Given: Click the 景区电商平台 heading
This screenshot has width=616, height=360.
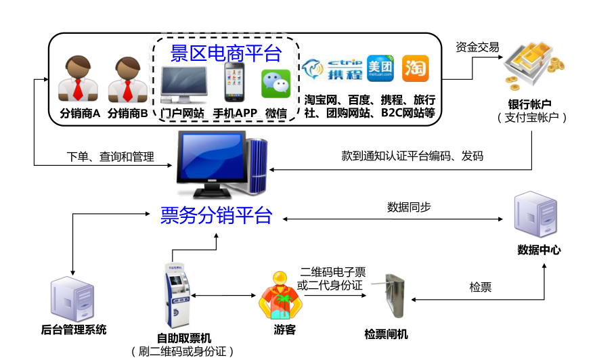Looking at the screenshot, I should click(226, 52).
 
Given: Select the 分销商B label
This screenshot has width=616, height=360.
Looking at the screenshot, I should click(127, 113).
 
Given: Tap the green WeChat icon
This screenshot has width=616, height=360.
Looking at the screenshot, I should click(276, 84).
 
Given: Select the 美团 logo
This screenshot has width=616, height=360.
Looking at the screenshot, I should click(380, 68).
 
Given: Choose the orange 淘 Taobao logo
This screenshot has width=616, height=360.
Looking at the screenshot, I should click(415, 68).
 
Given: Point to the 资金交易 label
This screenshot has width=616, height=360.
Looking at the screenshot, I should click(477, 47).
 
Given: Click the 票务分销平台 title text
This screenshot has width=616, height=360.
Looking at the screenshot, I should click(216, 215).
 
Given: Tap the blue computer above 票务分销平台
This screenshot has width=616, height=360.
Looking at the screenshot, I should click(220, 163).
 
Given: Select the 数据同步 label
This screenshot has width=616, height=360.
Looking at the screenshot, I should click(408, 207).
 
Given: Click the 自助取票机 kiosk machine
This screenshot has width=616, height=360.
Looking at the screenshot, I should click(173, 295).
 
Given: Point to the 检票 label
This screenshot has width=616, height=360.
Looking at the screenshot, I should click(480, 287).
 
